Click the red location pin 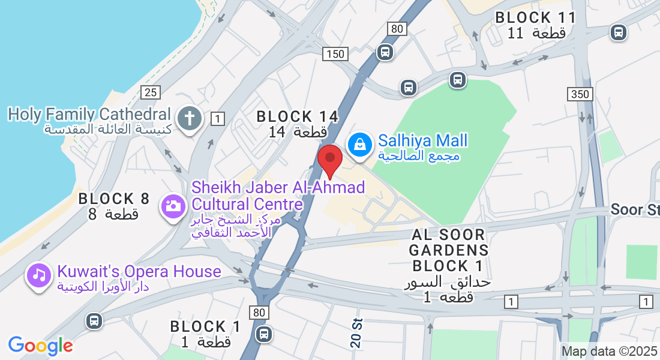pos(329,158)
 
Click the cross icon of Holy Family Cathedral pos(190,118)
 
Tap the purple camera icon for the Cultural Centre pos(173,206)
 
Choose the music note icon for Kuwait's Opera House pos(39,275)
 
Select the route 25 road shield pos(151,92)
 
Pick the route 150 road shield pos(335,54)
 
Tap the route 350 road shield pos(580,94)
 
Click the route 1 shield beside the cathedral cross pos(218,119)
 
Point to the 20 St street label pos(356,332)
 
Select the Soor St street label pos(635,210)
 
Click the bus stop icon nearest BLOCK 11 pos(617,32)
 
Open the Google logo pos(40,346)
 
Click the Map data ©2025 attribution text pos(609,351)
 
